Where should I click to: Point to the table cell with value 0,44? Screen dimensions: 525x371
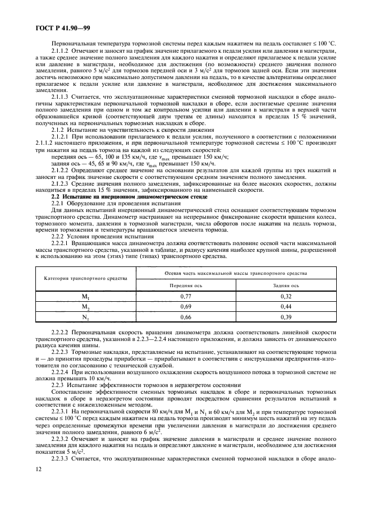[x=286, y=306]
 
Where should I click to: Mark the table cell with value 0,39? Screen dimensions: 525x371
[x=286, y=318]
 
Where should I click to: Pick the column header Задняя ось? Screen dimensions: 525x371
[x=286, y=284]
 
